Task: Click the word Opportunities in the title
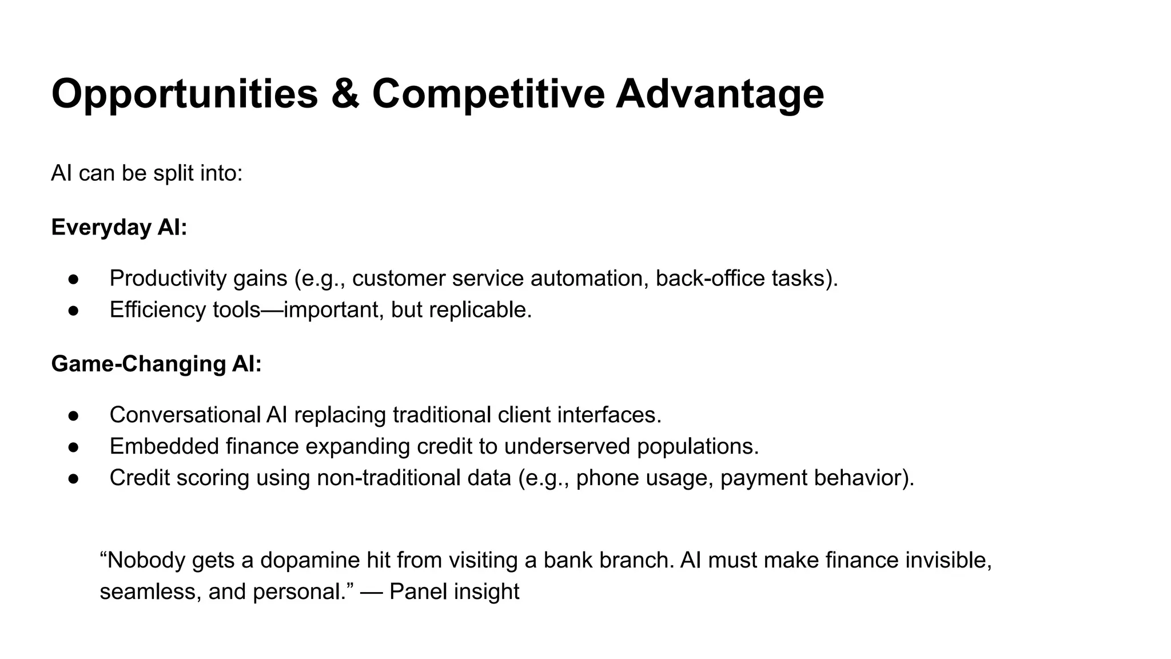click(x=184, y=94)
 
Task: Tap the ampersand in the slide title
click(x=345, y=94)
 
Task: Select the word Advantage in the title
click(x=719, y=94)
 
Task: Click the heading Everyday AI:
click(x=119, y=227)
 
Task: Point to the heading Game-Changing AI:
click(x=156, y=364)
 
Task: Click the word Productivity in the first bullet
click(x=168, y=279)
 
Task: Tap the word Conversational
click(x=185, y=415)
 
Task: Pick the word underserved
click(x=567, y=446)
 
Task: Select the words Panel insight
click(x=454, y=591)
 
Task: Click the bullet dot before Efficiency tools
click(x=73, y=311)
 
